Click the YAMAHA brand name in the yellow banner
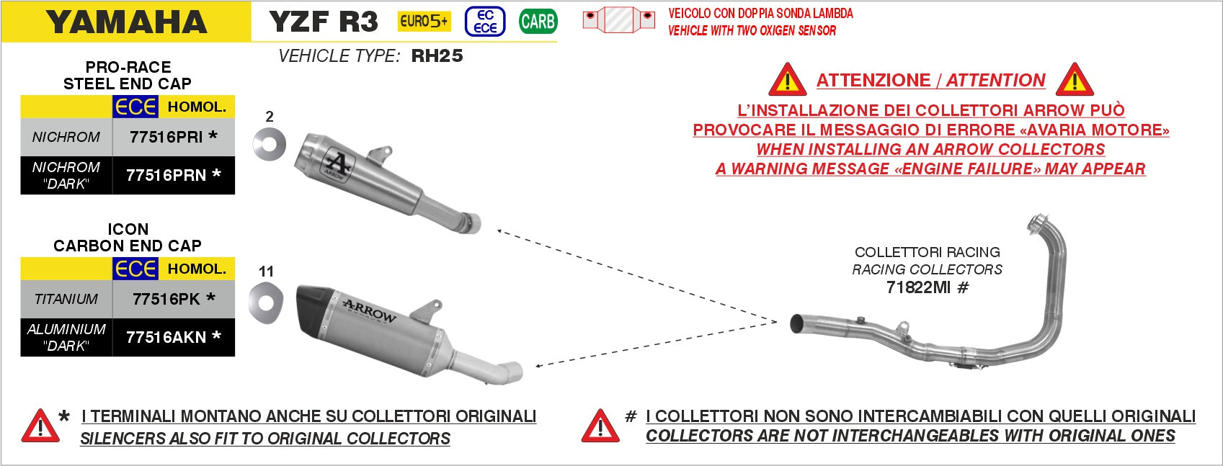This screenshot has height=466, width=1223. point(127,22)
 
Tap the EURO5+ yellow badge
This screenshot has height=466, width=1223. point(424,22)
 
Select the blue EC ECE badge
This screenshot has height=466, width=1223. point(485,22)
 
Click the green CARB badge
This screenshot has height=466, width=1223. point(538,22)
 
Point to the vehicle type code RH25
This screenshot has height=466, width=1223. point(437,55)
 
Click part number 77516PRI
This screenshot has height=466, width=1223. point(166,137)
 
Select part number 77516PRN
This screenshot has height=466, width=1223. point(166,175)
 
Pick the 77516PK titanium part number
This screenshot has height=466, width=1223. point(166,299)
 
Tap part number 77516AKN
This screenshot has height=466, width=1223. point(166,337)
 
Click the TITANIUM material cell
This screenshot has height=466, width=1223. point(66,299)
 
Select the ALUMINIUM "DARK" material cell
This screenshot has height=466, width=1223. point(66,337)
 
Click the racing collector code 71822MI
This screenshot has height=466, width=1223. point(918,287)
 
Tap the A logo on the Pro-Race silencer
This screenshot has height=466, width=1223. point(337,164)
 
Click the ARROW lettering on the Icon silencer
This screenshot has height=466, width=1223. point(369,310)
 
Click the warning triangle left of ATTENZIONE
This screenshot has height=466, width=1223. point(787,80)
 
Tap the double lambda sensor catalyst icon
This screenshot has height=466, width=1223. point(618,20)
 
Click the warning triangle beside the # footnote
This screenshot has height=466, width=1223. point(600,426)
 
